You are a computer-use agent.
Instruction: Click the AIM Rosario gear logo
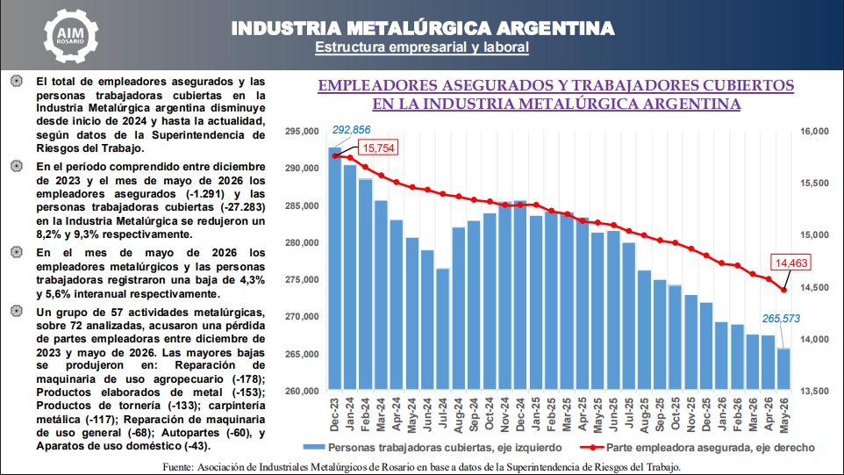click(70, 36)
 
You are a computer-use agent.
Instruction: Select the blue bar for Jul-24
click(442, 328)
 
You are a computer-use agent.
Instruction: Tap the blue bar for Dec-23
click(335, 268)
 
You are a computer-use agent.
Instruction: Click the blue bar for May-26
click(783, 369)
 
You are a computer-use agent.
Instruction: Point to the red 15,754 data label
click(378, 148)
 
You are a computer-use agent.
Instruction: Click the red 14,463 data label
click(791, 263)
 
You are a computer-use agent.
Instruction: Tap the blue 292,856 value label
click(351, 130)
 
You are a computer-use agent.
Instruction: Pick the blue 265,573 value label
click(781, 319)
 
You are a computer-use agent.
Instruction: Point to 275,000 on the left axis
click(302, 280)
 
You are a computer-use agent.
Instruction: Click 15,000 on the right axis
click(814, 234)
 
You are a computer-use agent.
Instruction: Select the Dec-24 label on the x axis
click(520, 414)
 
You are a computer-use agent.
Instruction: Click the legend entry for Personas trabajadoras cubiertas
click(433, 448)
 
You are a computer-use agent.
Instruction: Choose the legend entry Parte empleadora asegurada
click(697, 448)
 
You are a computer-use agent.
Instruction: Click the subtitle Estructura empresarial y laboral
click(422, 47)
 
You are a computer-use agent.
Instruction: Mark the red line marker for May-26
click(784, 291)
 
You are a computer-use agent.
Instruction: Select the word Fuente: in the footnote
click(177, 467)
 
